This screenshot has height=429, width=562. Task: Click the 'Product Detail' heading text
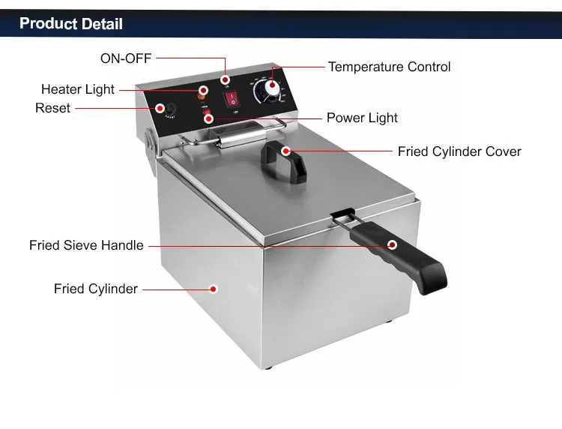click(x=70, y=24)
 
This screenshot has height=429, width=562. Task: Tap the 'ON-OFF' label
click(x=126, y=58)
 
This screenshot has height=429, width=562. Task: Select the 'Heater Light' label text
click(x=78, y=89)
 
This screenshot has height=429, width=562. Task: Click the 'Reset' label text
click(x=52, y=108)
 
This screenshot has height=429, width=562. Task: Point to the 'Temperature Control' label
click(x=389, y=67)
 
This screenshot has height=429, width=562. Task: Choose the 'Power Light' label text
click(x=362, y=118)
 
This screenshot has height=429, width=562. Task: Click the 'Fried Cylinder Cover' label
click(x=459, y=151)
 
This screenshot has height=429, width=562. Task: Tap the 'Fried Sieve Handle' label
click(x=86, y=245)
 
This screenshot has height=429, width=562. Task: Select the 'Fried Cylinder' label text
click(x=96, y=289)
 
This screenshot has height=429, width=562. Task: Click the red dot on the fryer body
click(x=213, y=288)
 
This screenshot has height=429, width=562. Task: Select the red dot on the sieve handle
click(x=392, y=244)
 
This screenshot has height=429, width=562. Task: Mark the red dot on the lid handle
click(x=285, y=151)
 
